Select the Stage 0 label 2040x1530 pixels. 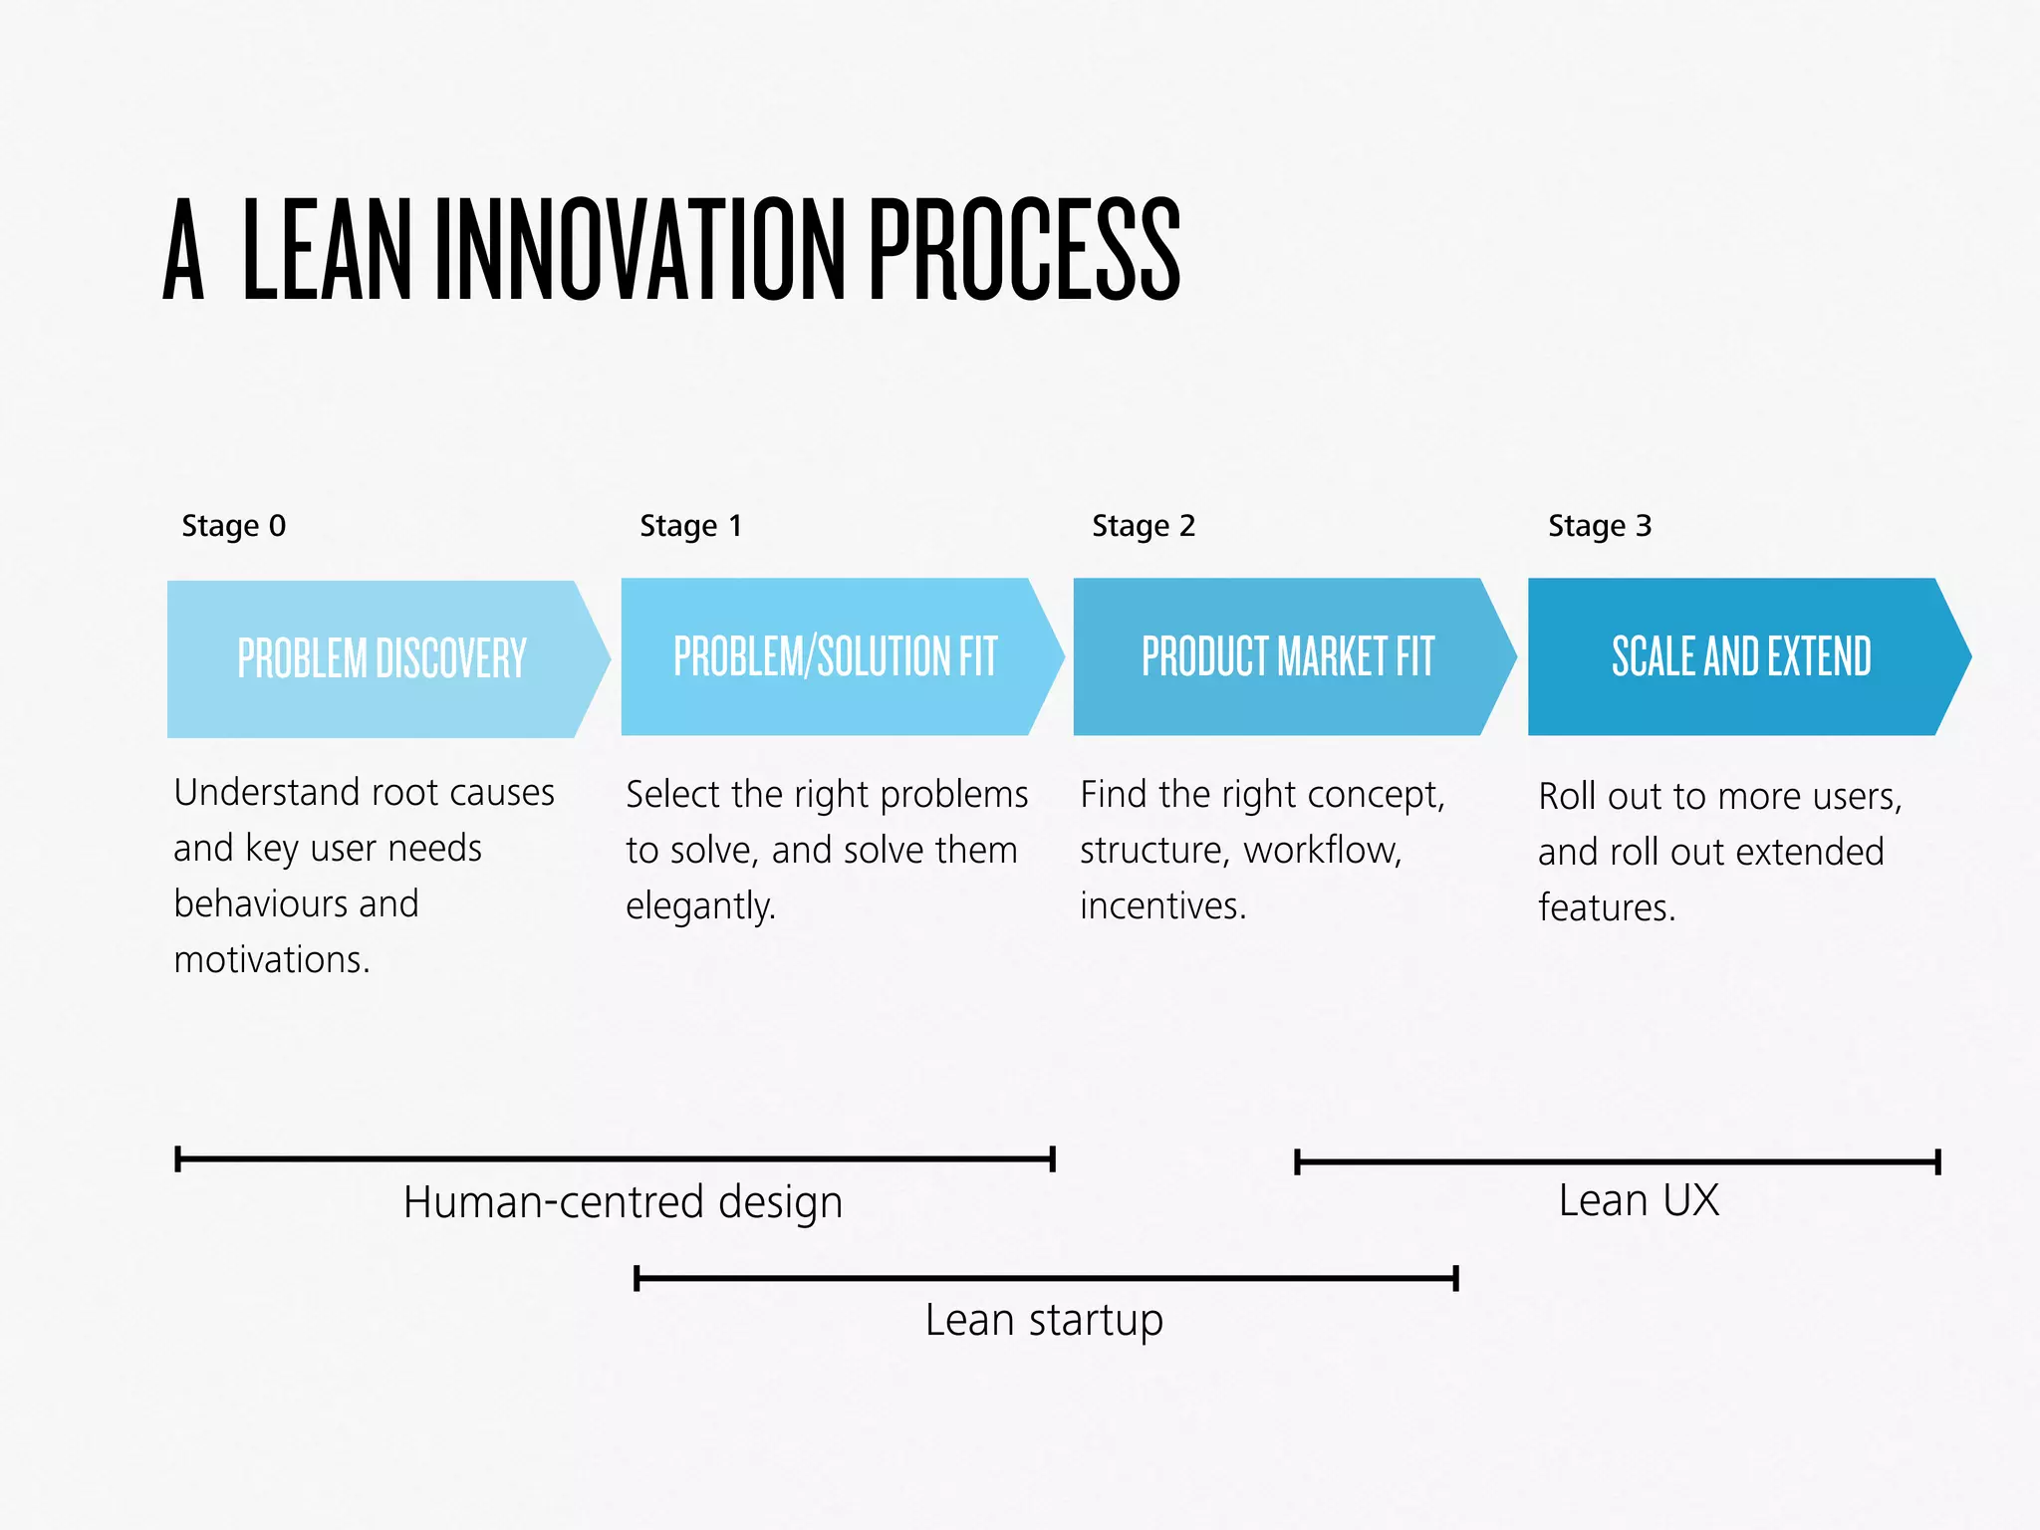[233, 525]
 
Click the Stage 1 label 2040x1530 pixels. [690, 525]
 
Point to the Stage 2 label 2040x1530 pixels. [1143, 525]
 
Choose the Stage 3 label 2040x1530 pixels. [1599, 525]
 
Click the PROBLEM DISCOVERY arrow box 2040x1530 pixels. [382, 658]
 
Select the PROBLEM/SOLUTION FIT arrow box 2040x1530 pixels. [835, 656]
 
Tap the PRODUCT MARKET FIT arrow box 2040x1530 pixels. [1287, 656]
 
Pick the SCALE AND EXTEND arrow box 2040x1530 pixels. [1741, 656]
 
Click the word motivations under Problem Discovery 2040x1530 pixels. [271, 959]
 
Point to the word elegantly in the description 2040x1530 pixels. [700, 905]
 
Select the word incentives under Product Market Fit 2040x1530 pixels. [1162, 905]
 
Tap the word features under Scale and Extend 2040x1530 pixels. [1607, 907]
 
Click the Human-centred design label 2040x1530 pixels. [623, 1201]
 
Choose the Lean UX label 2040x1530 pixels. [1639, 1199]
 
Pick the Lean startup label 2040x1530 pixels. [1043, 1320]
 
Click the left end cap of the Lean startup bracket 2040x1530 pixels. [637, 1278]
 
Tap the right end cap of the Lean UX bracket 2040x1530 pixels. [1937, 1161]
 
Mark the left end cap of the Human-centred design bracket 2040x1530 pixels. [177, 1158]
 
